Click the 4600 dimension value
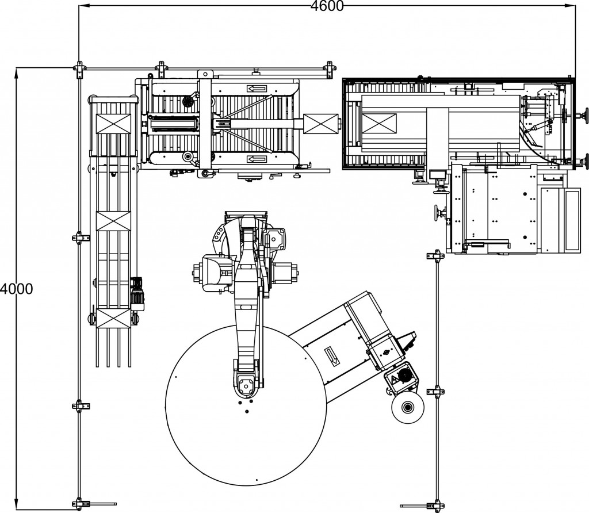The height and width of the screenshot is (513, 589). [327, 6]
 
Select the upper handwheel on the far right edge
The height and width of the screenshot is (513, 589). [586, 115]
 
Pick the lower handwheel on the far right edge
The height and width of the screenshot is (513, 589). [586, 159]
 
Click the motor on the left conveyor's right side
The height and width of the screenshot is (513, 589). [138, 292]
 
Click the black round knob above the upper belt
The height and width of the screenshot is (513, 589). [187, 101]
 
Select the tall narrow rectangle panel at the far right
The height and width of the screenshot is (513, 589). [573, 219]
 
